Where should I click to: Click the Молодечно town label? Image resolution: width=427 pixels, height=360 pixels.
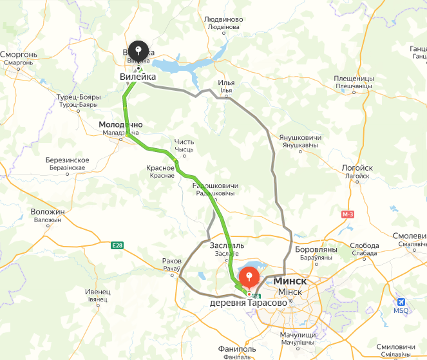tap(120, 124)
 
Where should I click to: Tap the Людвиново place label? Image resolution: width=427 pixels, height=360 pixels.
tap(223, 20)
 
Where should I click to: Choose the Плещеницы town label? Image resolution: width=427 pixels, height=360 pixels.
tap(354, 79)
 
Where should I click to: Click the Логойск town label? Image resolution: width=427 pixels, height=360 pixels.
tap(357, 167)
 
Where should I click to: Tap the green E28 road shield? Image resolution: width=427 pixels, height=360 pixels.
tap(117, 245)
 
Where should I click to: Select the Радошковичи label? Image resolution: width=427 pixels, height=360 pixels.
tap(216, 186)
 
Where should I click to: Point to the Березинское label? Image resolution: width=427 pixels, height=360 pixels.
tap(67, 160)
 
